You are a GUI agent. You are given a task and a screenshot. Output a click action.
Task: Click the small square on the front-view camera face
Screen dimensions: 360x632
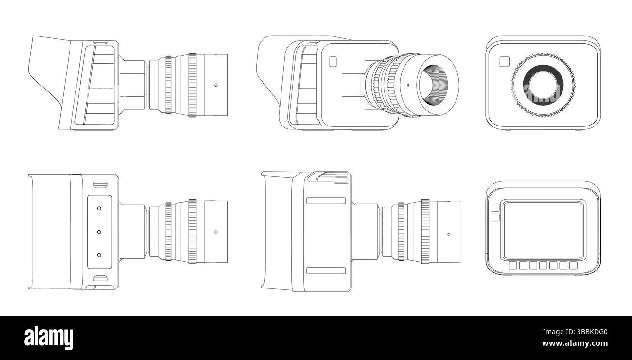click(504, 61)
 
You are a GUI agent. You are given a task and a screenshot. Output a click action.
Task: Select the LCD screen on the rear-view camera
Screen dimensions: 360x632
click(543, 231)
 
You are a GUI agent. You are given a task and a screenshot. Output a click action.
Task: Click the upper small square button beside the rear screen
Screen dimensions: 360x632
click(495, 208)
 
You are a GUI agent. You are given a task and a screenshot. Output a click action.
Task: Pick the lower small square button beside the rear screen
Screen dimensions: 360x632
click(495, 217)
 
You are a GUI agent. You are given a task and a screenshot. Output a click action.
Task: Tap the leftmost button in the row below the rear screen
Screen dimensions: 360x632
click(513, 265)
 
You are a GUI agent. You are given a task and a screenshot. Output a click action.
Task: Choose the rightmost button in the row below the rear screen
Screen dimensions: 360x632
click(573, 265)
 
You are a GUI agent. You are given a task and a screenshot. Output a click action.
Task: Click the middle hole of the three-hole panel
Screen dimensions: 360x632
click(99, 232)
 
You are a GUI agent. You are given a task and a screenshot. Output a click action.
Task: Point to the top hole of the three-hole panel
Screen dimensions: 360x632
click(99, 208)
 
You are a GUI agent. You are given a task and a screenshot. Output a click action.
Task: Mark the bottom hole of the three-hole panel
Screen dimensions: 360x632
click(99, 255)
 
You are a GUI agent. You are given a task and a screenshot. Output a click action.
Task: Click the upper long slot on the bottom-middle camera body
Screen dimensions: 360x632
click(326, 200)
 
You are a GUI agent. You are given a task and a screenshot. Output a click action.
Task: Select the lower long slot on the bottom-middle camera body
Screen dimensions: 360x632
click(326, 270)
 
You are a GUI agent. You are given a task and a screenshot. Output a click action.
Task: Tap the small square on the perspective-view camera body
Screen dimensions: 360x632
click(333, 61)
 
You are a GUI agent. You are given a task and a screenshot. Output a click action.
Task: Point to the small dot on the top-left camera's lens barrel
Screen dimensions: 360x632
click(216, 85)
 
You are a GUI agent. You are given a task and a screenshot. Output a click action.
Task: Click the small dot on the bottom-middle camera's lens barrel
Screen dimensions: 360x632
click(448, 234)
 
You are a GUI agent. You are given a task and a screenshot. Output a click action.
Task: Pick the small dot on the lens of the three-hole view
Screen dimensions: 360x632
click(216, 232)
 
